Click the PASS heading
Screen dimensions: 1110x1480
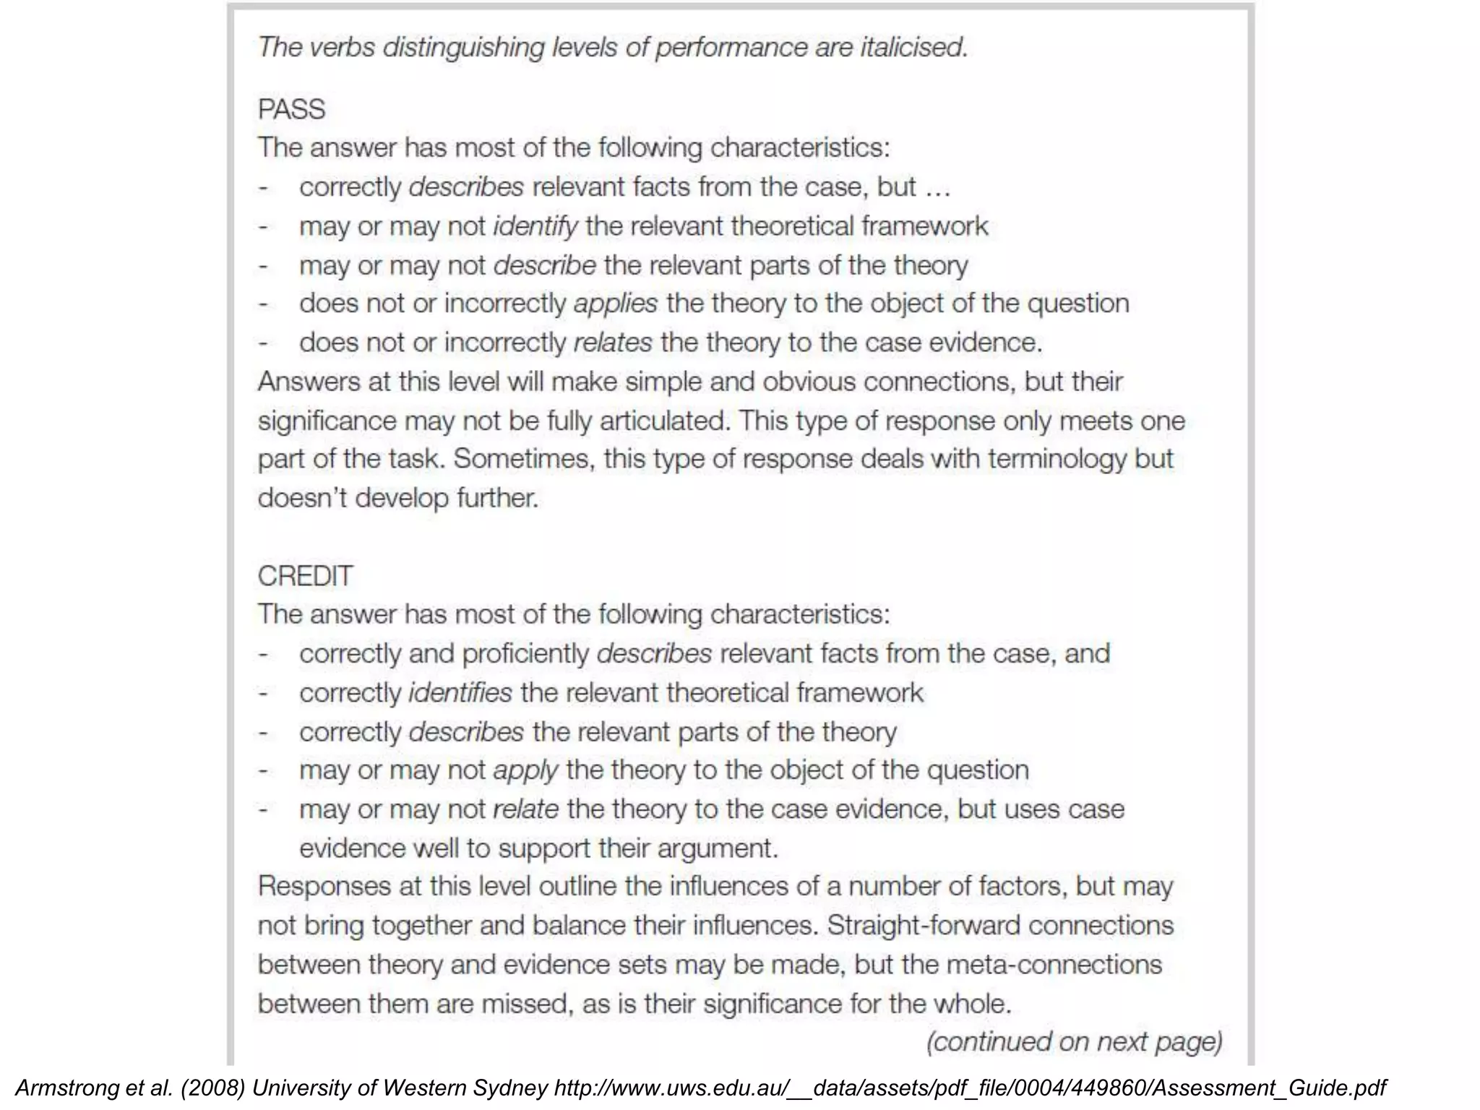291,109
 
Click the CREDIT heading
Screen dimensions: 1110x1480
305,576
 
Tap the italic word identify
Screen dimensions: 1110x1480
535,226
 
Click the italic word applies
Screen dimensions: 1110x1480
616,304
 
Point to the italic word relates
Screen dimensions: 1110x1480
613,343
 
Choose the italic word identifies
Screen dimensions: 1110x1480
460,693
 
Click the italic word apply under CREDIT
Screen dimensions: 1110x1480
525,770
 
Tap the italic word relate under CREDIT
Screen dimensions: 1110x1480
525,809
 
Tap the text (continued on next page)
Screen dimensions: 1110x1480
1074,1042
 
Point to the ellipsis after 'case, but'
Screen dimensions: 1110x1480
937,188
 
